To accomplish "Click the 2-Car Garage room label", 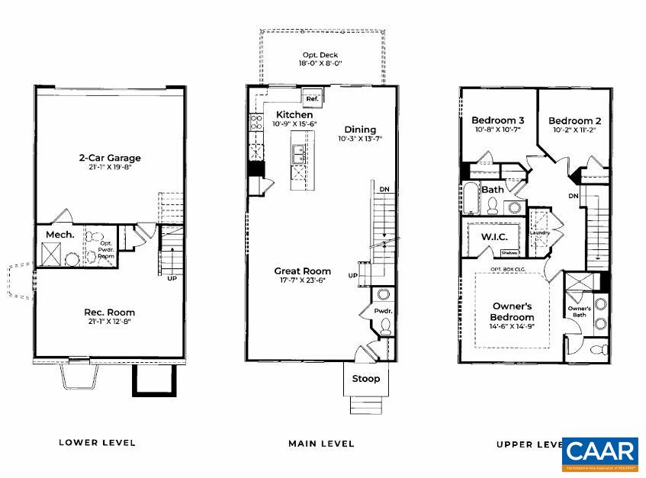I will (110, 159).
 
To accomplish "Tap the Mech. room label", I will (59, 235).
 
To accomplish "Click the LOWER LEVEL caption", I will (97, 442).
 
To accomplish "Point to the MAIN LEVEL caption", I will (321, 443).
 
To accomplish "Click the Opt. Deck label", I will (320, 55).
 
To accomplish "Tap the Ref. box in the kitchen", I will (312, 99).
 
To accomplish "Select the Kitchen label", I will (273, 114).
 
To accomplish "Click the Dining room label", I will (360, 129).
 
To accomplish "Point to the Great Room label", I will (304, 271).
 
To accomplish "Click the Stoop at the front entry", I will (365, 378).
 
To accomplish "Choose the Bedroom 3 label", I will (497, 120).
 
